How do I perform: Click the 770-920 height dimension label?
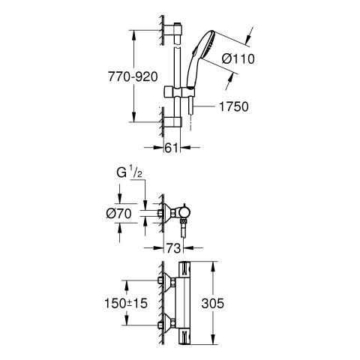133,76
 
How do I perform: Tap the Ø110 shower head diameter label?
238,59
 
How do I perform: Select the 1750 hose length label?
234,106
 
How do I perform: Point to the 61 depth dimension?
172,148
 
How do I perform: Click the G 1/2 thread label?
130,172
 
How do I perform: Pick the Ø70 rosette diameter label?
118,214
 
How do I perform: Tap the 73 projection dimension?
173,248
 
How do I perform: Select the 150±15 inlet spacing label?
126,304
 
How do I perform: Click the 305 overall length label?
213,304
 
